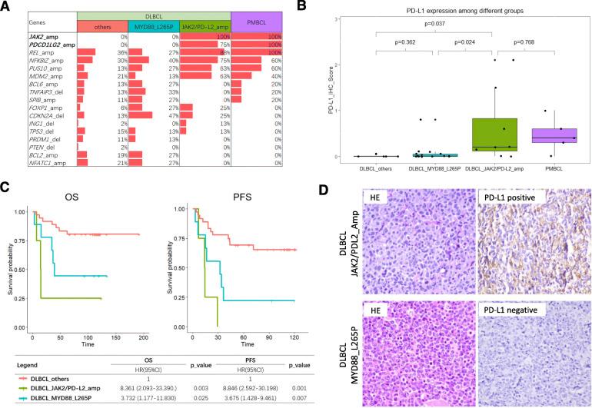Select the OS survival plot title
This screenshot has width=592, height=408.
tap(75, 195)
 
